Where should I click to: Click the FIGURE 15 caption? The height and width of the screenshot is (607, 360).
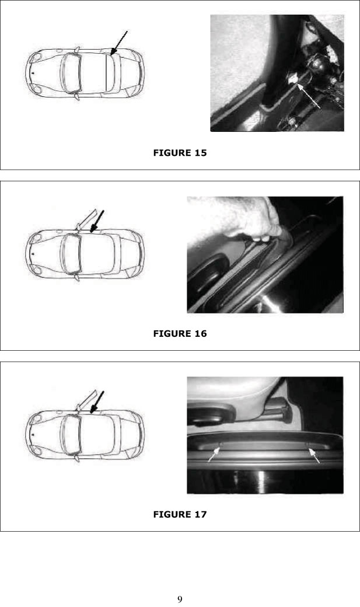coord(180,152)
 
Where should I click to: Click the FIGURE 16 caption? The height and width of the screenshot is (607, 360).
coord(180,333)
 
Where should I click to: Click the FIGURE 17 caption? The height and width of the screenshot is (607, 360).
coord(180,514)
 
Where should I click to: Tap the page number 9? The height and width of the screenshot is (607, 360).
coord(180,599)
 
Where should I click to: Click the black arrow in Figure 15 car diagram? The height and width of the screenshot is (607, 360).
coord(119,43)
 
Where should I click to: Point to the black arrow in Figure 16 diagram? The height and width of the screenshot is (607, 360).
coord(97,221)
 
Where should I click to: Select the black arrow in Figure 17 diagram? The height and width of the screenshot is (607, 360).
coord(97,402)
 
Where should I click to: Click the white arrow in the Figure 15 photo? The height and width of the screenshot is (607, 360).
coord(309,96)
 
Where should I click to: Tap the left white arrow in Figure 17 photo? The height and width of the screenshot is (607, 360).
coord(214,455)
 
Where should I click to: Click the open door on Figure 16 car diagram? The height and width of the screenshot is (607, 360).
coord(86,220)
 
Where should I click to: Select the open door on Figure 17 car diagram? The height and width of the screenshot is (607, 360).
coord(86,401)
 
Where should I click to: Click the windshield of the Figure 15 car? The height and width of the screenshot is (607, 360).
coord(71,73)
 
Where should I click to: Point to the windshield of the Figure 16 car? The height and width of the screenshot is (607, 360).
coord(71,253)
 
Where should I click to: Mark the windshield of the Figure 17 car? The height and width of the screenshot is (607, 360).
coord(71,434)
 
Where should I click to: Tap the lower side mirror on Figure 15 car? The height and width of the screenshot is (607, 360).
coord(76,96)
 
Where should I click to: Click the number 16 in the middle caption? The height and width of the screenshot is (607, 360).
coord(201,333)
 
